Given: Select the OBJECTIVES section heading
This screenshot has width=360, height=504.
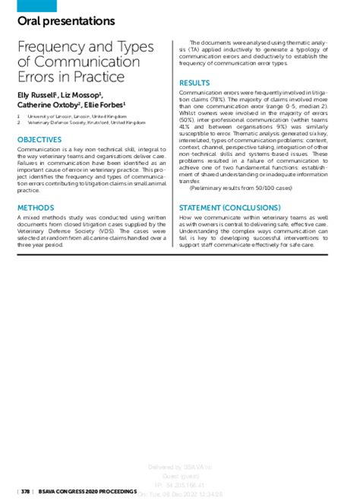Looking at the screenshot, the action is [39, 140].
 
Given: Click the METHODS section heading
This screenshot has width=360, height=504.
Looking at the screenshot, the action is [35, 207].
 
